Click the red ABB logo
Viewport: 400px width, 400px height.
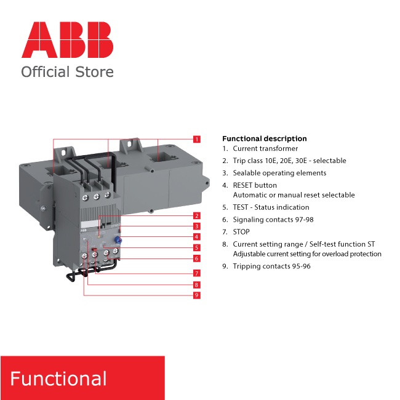coord(68,40)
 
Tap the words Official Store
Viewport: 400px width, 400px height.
coord(67,72)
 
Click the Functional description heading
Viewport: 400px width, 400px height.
coord(264,138)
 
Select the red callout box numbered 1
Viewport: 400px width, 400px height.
coord(196,139)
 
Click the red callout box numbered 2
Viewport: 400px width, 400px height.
coord(196,216)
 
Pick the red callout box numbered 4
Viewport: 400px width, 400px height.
coord(196,237)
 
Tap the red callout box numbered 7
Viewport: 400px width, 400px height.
coord(196,273)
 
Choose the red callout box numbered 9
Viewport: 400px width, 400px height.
coord(196,295)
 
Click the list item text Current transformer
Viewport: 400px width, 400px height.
coord(265,148)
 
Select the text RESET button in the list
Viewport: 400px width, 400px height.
coord(255,185)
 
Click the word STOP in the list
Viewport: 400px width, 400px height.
coord(241,231)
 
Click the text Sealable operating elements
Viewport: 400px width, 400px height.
coord(279,173)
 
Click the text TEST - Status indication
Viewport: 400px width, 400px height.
coord(271,207)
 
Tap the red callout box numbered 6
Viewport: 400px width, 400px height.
coord(196,258)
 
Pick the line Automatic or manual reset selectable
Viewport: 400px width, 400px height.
coord(294,195)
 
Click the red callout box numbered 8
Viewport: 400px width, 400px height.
coord(196,285)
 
